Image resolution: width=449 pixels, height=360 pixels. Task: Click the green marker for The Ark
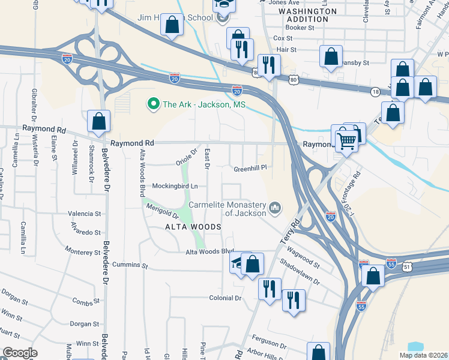tap(153, 104)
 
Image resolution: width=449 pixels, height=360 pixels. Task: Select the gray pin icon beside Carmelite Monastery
tap(276, 208)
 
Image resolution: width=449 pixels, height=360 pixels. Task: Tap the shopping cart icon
tap(346, 141)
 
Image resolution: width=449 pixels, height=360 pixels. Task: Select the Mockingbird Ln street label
tap(175, 186)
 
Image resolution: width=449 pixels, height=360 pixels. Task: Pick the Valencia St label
tap(85, 213)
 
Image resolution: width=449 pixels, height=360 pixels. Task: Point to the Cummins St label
tap(128, 265)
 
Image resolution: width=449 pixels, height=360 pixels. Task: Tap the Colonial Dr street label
tap(225, 298)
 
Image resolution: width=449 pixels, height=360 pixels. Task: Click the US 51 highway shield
tap(408, 266)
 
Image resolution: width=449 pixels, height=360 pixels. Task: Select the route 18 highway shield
tap(375, 91)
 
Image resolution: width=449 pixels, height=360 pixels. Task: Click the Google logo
tap(20, 353)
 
